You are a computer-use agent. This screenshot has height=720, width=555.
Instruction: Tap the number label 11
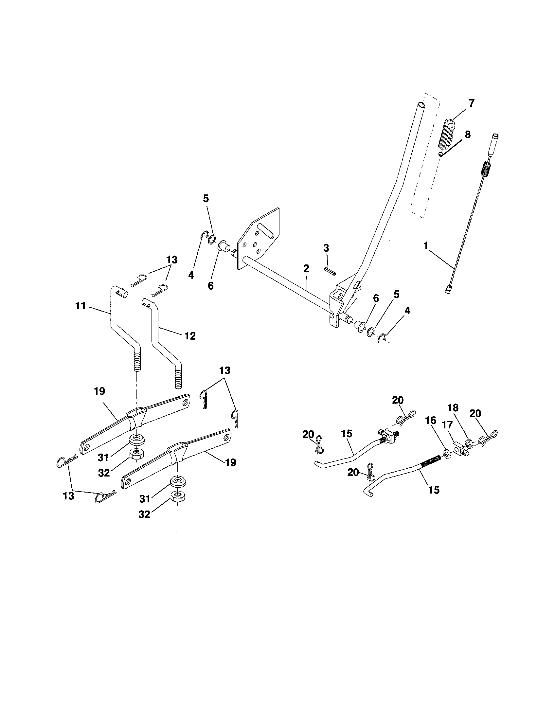(x=80, y=306)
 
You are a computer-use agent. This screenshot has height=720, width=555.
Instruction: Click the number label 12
(x=190, y=336)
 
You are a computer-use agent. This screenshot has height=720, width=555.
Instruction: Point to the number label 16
(x=430, y=421)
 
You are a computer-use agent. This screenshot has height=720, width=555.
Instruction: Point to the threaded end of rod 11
(x=136, y=361)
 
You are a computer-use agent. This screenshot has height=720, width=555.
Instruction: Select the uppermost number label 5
(x=206, y=198)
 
